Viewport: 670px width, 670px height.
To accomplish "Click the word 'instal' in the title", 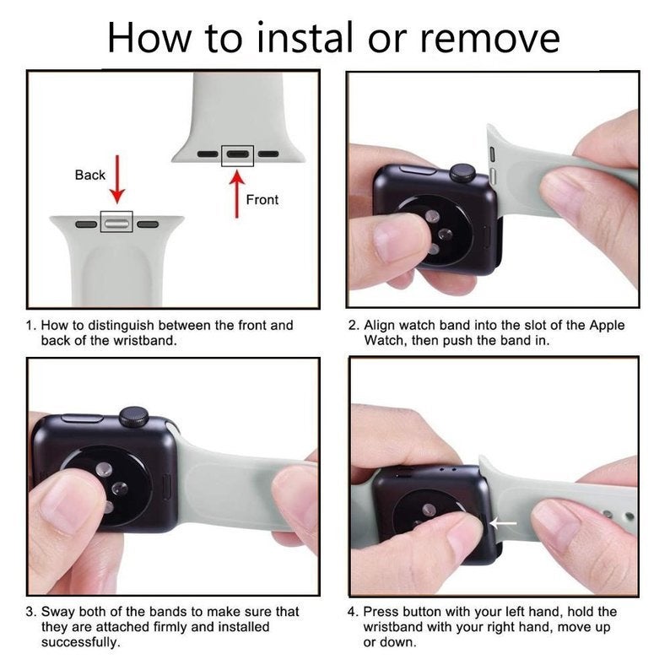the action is click(305, 38).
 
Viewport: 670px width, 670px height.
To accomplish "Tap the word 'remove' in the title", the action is click(489, 41).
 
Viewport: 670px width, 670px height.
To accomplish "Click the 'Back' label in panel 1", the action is click(89, 175).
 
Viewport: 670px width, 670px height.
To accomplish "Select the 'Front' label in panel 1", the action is click(262, 199).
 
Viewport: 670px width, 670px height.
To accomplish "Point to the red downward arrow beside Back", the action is click(117, 180).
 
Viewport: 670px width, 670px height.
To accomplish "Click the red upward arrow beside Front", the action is click(237, 193).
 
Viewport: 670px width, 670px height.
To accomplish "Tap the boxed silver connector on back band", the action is click(116, 222).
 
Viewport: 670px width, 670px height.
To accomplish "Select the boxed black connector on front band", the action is click(238, 155).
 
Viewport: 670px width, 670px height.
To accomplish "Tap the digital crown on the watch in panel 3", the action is click(133, 417).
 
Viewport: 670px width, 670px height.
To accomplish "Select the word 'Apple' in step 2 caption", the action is click(607, 326).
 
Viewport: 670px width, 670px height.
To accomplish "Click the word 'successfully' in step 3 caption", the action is click(79, 643).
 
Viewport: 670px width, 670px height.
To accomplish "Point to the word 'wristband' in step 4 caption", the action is click(393, 627).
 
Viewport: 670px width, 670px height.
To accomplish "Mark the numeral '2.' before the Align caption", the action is click(354, 326).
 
